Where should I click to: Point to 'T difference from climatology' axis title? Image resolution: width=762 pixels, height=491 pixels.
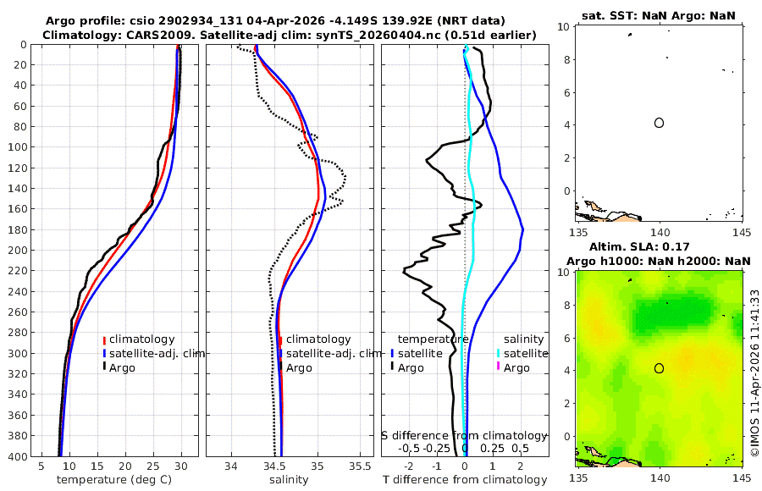coord(465,480)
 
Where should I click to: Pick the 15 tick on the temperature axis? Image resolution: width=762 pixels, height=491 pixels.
coord(97,466)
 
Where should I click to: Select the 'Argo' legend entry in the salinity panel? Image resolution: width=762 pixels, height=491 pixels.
coord(301,368)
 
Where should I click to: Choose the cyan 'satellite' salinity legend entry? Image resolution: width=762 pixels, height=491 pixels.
coord(523,354)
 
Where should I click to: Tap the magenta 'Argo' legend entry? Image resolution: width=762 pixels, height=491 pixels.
coord(517,368)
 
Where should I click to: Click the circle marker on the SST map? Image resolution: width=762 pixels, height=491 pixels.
coord(659,123)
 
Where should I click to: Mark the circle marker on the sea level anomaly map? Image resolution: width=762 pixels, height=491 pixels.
coord(659,368)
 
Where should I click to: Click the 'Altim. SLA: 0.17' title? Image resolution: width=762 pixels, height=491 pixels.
coord(660,245)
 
